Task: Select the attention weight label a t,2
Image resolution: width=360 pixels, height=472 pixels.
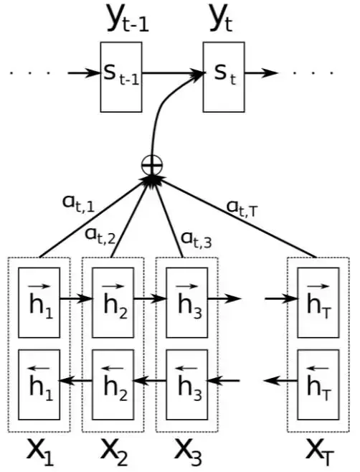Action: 100,236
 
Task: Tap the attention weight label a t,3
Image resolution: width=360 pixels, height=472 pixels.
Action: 196,240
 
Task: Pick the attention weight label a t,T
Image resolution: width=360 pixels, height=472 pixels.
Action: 242,208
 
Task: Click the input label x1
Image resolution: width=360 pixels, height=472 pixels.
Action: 40,453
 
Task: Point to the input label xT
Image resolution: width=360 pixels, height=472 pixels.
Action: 320,453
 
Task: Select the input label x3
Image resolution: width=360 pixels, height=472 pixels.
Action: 188,453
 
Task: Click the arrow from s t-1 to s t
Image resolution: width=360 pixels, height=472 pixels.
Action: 173,73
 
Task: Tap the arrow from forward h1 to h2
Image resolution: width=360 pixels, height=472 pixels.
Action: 76,298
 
